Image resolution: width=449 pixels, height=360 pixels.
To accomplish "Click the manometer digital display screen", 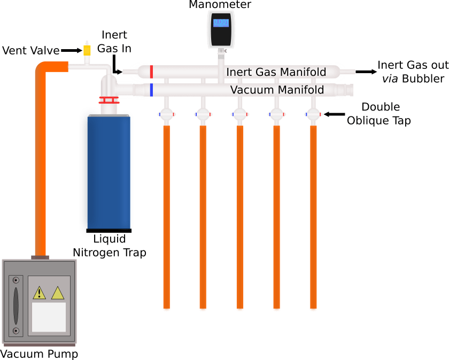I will [221, 22].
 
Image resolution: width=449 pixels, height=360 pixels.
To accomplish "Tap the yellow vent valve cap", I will [87, 50].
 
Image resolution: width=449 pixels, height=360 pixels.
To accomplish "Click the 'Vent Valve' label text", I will [29, 51].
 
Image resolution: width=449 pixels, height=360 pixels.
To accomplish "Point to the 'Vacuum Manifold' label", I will [277, 90].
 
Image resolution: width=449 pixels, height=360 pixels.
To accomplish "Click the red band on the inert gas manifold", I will [152, 71].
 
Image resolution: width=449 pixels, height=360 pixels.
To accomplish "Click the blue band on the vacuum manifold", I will [152, 90].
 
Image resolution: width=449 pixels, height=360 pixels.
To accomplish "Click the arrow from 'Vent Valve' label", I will [71, 51].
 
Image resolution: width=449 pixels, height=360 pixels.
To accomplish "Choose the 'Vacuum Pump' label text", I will [39, 354].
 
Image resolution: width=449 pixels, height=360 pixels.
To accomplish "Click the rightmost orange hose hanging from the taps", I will [313, 214].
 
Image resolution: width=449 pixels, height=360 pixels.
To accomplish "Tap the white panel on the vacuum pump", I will [49, 317].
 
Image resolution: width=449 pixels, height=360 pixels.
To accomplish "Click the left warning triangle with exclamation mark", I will [39, 293].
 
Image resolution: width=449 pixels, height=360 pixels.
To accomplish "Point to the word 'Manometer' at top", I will [220, 5].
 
